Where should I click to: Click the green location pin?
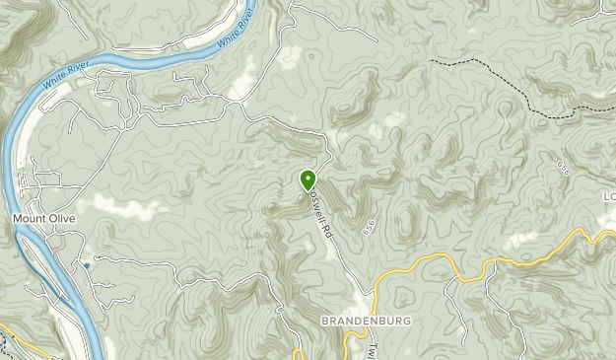pos(308,180)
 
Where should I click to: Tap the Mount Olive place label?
pos(43,218)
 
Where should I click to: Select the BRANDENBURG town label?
pos(366,322)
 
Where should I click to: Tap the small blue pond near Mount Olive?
pos(87,265)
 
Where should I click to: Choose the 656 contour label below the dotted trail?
pos(564,170)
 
